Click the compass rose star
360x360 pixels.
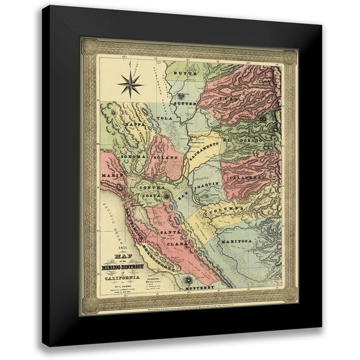[x=131, y=84]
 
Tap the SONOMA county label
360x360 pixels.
[x=131, y=155]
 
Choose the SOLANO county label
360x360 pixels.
[x=166, y=157]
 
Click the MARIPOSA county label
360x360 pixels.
[x=235, y=240]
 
